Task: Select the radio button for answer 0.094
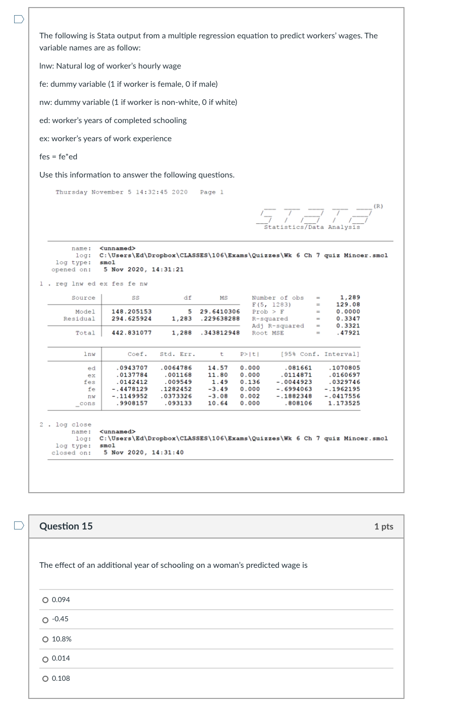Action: pos(45,600)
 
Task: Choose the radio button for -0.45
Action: pos(45,620)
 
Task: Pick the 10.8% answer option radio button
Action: pos(45,639)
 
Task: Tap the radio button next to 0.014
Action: pos(45,659)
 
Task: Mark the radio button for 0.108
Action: pos(45,679)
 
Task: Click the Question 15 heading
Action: pos(66,526)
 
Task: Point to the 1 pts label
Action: pos(383,526)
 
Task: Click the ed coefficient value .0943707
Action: pos(132,368)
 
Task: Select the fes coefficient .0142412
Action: pos(132,382)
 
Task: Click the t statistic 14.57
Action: pos(218,368)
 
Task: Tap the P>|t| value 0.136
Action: pos(250,382)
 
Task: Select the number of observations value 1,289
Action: pos(350,298)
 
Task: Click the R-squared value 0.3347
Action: pos(349,319)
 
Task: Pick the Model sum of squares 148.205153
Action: pos(132,312)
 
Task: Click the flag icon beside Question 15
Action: pos(19,525)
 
